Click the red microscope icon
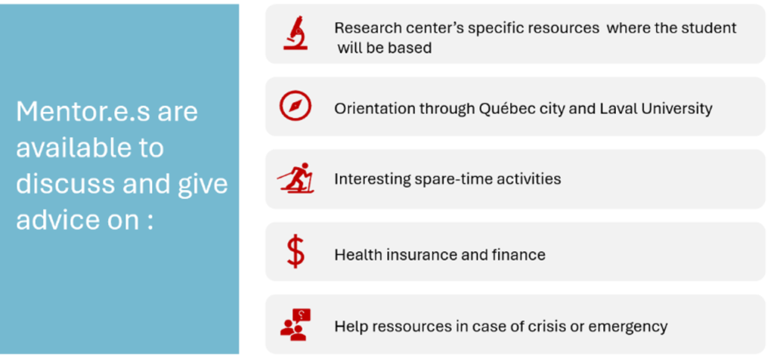pos(296,33)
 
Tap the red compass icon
pos(296,105)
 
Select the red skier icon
pos(296,177)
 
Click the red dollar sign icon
pos(296,251)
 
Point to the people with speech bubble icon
pos(296,324)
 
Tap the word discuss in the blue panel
pos(63,184)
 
